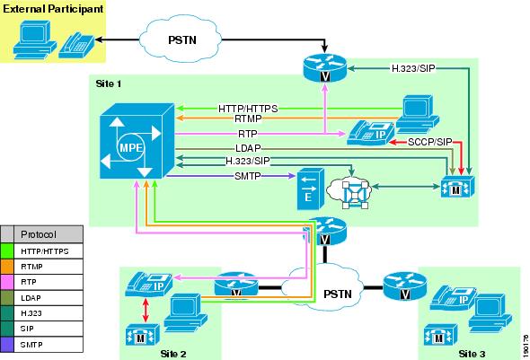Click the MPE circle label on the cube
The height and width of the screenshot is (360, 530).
coord(131,147)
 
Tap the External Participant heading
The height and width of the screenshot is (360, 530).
coord(53,9)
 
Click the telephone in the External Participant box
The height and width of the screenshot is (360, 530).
coord(76,45)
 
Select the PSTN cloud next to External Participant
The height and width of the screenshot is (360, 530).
coord(181,39)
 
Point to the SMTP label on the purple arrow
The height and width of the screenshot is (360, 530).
coord(248,176)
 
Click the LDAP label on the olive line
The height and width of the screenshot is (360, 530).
coord(248,148)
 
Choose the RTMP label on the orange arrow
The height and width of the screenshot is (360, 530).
coord(248,119)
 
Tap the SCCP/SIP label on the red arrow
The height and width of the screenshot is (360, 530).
coord(430,142)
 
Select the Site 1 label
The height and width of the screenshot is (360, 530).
coord(109,83)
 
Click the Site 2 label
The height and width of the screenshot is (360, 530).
coord(173,354)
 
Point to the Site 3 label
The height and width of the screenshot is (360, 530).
coord(472,354)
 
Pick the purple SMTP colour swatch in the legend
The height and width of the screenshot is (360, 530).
coord(7,345)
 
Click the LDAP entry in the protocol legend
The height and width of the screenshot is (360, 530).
coord(31,298)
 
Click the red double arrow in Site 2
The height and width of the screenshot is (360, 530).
coord(146,310)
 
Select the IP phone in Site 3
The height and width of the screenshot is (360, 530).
coord(452,298)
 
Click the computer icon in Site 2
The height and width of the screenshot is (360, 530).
coord(185,313)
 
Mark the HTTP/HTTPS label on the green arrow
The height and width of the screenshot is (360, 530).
coord(248,109)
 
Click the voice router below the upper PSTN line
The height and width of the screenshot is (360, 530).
coord(325,67)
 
